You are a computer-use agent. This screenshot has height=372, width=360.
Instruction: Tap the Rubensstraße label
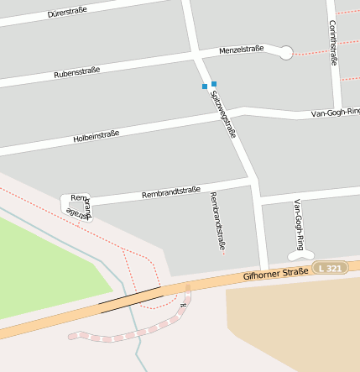[x=76, y=73]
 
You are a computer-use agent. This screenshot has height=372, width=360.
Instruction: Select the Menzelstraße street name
[x=241, y=50]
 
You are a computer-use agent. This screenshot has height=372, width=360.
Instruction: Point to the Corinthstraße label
[x=333, y=43]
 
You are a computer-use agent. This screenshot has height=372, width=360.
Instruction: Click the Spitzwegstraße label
[x=222, y=113]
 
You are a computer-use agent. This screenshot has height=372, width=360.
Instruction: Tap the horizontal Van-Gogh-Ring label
[x=335, y=112]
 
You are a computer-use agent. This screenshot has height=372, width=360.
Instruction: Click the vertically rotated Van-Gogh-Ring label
[x=298, y=224]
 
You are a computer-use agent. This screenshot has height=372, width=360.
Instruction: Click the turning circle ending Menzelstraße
[x=285, y=53]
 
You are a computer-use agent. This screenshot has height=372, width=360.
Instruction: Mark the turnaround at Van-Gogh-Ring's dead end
[x=301, y=254]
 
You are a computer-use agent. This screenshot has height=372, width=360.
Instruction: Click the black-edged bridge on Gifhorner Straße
[x=130, y=298]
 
